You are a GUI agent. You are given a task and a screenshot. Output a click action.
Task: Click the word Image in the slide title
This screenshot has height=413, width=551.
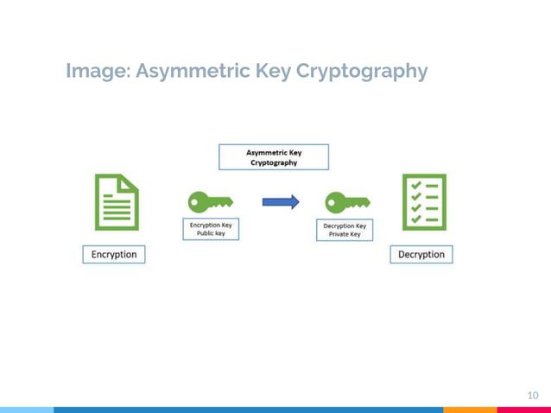92,71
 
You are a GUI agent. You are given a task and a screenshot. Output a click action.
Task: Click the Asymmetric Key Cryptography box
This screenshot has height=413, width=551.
273,156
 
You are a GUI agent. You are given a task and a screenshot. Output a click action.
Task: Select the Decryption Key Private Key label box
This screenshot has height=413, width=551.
345,231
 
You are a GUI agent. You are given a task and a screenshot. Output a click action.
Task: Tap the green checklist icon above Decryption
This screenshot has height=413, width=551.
423,202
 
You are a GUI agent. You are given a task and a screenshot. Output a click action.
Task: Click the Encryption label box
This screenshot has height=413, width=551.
114,254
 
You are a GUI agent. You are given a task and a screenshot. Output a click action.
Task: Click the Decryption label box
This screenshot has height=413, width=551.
421,254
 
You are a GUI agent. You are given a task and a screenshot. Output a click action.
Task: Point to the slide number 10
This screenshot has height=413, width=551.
532,395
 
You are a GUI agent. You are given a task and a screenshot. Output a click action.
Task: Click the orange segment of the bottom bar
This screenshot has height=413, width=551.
471,410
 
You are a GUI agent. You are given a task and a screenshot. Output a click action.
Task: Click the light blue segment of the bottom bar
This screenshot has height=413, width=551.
26,410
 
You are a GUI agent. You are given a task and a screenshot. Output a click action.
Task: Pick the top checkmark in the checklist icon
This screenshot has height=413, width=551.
415,185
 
